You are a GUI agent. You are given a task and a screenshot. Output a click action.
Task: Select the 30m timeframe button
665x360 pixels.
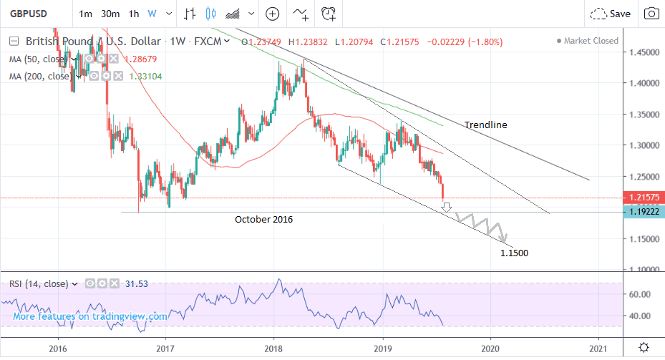110,14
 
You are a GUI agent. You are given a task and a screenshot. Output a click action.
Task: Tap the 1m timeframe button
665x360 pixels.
85,14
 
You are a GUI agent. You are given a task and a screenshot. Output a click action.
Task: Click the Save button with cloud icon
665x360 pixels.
610,14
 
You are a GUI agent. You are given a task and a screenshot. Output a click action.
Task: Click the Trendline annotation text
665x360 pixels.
485,125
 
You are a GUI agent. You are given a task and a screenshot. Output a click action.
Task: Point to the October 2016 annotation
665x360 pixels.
263,220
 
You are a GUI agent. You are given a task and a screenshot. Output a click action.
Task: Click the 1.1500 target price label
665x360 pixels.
515,253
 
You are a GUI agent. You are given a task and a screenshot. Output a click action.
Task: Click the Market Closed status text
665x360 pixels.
591,41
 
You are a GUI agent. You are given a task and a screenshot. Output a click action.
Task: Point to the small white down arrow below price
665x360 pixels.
447,208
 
